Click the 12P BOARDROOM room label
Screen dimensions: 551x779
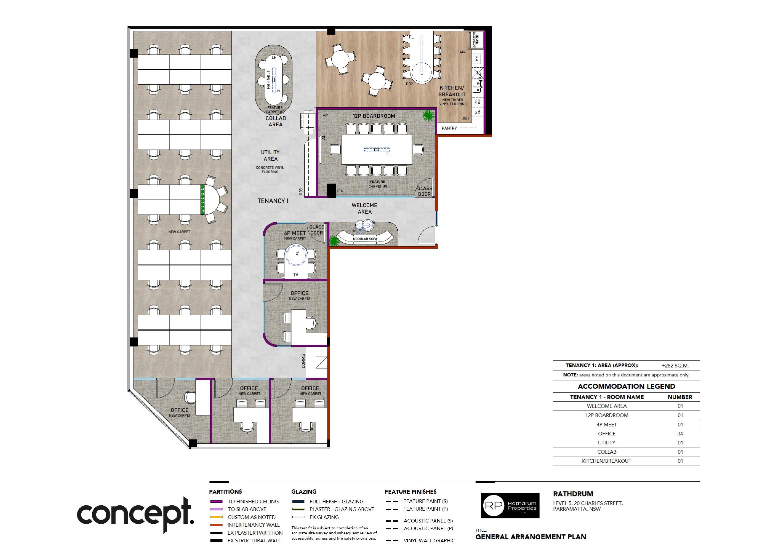pyautogui.click(x=374, y=116)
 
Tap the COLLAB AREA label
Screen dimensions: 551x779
pyautogui.click(x=275, y=121)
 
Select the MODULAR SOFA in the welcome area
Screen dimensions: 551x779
pyautogui.click(x=365, y=238)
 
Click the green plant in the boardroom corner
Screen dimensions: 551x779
pyautogui.click(x=428, y=116)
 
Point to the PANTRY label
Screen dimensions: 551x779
pyautogui.click(x=449, y=128)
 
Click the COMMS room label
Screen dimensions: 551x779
pyautogui.click(x=303, y=361)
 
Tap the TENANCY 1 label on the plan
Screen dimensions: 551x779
pyautogui.click(x=273, y=201)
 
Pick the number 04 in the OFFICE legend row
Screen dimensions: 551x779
pyautogui.click(x=680, y=434)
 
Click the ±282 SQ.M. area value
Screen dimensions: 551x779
pyautogui.click(x=675, y=366)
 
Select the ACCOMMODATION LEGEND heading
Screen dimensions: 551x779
pyautogui.click(x=626, y=386)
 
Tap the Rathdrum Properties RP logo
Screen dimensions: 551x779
pyautogui.click(x=510, y=506)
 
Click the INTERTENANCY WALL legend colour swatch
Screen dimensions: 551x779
pyautogui.click(x=216, y=525)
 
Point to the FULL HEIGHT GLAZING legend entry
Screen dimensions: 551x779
pyautogui.click(x=336, y=501)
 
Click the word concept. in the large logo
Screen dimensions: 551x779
pyautogui.click(x=136, y=514)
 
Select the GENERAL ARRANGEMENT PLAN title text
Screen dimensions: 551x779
pyautogui.click(x=531, y=537)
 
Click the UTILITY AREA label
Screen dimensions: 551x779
pyautogui.click(x=270, y=156)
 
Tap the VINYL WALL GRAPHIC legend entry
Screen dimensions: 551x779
pyautogui.click(x=429, y=541)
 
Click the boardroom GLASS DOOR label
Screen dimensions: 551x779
pyautogui.click(x=424, y=191)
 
